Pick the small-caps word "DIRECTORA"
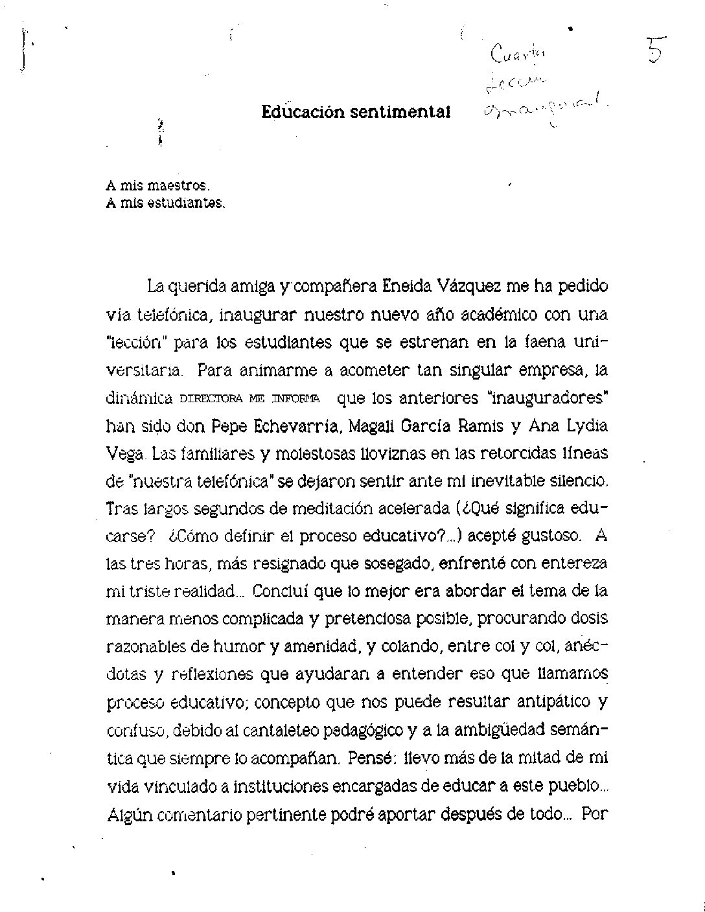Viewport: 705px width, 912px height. [208, 399]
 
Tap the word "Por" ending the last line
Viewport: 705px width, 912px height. [593, 813]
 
